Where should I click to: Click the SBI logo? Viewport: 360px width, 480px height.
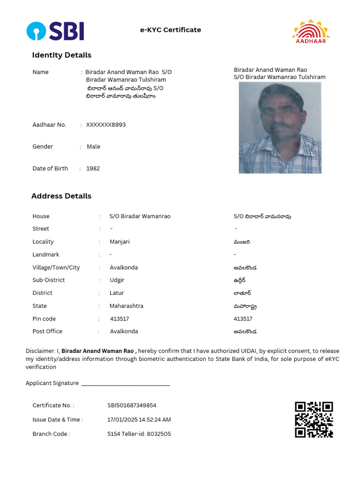55,31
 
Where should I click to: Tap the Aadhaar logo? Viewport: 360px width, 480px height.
311,31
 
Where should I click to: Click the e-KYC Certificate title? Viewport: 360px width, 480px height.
171,30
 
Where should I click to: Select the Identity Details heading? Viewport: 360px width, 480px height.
61,55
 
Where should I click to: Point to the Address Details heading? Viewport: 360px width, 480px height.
61,196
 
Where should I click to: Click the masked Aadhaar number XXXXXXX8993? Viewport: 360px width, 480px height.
106,125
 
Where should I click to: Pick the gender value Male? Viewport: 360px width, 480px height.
93,147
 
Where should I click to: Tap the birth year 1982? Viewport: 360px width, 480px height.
93,168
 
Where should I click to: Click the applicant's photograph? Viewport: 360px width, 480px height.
280,127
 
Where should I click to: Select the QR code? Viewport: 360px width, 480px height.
314,420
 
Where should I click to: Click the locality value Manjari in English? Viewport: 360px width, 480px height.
120,242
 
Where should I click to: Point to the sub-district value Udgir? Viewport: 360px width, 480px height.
117,280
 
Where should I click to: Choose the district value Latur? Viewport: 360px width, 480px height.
117,293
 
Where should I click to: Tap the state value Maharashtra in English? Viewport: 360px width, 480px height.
127,306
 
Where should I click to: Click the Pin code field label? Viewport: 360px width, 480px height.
44,319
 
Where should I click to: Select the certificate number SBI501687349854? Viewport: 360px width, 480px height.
132,405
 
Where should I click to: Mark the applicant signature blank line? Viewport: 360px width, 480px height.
125,384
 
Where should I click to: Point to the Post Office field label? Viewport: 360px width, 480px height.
47,331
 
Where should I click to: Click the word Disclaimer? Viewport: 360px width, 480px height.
39,351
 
